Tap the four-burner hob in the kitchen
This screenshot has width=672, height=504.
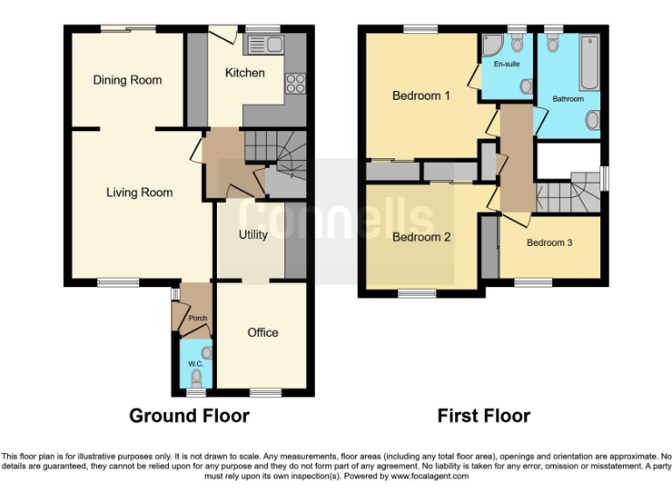(295, 84)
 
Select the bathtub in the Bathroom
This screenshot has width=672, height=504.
(589, 62)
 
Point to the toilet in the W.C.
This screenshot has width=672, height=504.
(197, 377)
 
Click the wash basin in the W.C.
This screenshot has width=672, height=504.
(206, 352)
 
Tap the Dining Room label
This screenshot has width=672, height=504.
(128, 80)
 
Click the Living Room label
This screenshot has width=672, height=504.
(139, 192)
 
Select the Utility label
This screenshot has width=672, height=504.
(254, 234)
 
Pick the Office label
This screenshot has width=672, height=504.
(262, 332)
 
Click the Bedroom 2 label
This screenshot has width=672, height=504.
(421, 237)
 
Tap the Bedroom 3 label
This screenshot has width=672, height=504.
(549, 242)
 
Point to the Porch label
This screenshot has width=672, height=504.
(198, 318)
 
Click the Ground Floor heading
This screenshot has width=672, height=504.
(189, 416)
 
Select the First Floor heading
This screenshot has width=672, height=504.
(484, 416)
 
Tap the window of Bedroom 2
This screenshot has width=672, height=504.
(416, 294)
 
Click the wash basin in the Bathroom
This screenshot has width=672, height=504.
(593, 120)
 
